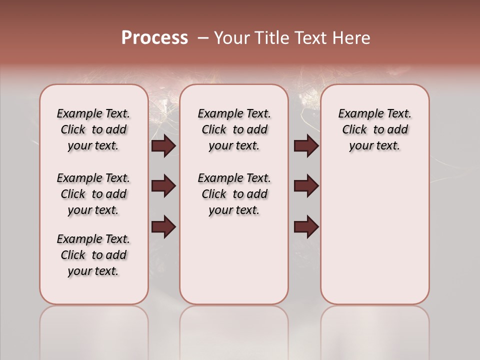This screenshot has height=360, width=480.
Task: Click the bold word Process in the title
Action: [x=154, y=38]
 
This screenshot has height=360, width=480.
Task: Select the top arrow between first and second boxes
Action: [x=163, y=146]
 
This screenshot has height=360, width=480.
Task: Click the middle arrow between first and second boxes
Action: [x=163, y=186]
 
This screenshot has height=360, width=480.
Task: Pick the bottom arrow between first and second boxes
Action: [x=163, y=226]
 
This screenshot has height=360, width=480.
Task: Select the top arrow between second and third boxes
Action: [x=306, y=146]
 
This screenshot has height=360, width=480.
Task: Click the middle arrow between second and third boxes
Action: [x=306, y=186]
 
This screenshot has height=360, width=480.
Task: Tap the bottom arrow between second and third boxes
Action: [x=306, y=226]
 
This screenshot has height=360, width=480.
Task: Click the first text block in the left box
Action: [x=93, y=129]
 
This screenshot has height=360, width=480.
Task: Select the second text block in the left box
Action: [x=93, y=194]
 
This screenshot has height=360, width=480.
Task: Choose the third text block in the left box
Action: [x=93, y=255]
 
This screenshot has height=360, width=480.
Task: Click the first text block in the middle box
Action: [x=234, y=129]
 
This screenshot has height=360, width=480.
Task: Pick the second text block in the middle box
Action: [x=234, y=194]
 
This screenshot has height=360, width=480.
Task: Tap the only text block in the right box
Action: [x=374, y=129]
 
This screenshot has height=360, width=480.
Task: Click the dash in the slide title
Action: [x=203, y=38]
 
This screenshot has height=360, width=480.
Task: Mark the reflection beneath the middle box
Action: [x=234, y=330]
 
